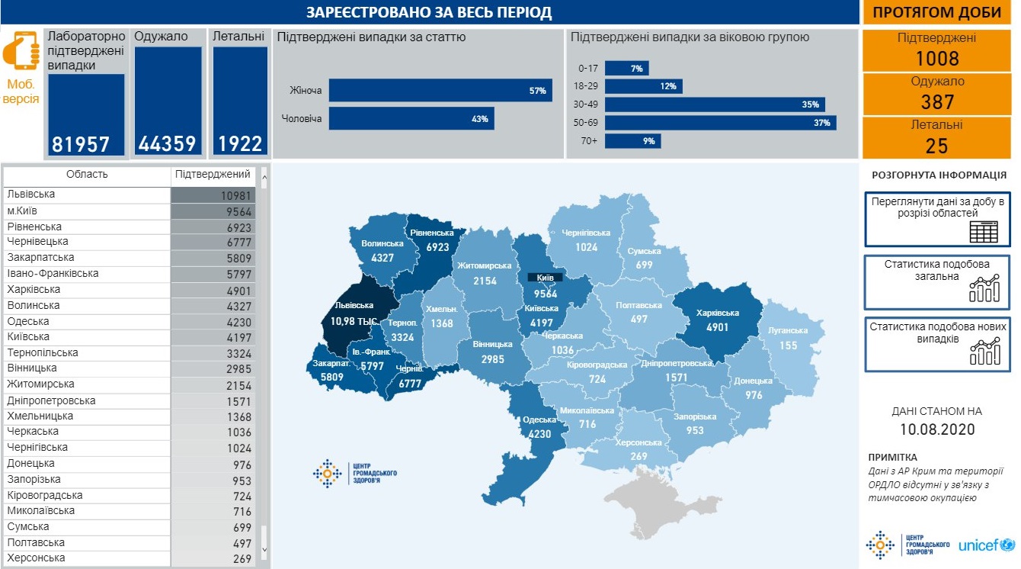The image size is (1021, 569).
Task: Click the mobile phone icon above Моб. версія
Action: click(x=21, y=51)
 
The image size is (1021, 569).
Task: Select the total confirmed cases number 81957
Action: click(x=82, y=143)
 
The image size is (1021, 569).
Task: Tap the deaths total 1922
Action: click(x=240, y=143)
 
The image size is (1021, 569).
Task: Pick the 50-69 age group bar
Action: click(x=721, y=123)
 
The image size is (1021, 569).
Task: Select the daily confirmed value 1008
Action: click(x=936, y=59)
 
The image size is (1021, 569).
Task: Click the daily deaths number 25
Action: click(x=936, y=146)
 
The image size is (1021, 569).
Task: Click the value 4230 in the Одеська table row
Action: click(x=237, y=322)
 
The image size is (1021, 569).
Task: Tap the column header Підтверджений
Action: click(x=213, y=175)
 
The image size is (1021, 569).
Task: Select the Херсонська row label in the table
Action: click(x=37, y=558)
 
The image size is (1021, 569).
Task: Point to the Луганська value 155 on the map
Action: click(x=788, y=346)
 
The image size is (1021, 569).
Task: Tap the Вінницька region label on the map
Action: click(x=492, y=345)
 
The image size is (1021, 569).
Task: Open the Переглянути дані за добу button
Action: click(x=936, y=219)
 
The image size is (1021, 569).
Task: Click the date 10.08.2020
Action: click(x=936, y=429)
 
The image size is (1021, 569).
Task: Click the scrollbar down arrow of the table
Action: click(x=264, y=548)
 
